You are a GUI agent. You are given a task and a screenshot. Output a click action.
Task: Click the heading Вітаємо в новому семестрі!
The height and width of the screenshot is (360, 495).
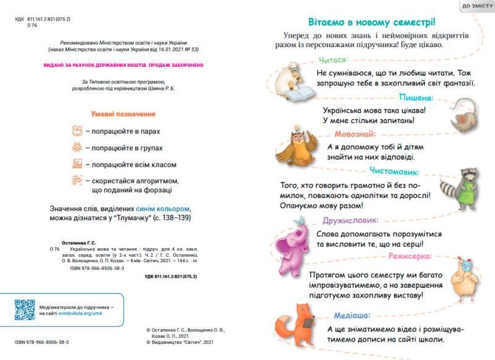(372, 20)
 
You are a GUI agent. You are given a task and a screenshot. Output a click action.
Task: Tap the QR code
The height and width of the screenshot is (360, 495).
(25, 309)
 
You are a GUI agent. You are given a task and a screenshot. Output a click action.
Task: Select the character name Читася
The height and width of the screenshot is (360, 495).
(334, 60)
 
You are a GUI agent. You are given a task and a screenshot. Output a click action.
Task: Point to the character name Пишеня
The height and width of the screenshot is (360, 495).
(415, 97)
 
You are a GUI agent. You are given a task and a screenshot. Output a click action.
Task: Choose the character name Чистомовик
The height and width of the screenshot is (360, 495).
(395, 172)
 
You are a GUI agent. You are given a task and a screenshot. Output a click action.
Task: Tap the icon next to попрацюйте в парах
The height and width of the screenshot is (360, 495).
(77, 131)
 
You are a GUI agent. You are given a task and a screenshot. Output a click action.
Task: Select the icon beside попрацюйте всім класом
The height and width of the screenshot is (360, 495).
(77, 164)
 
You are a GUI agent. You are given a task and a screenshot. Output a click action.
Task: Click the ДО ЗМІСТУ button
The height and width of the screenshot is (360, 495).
(477, 6)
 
